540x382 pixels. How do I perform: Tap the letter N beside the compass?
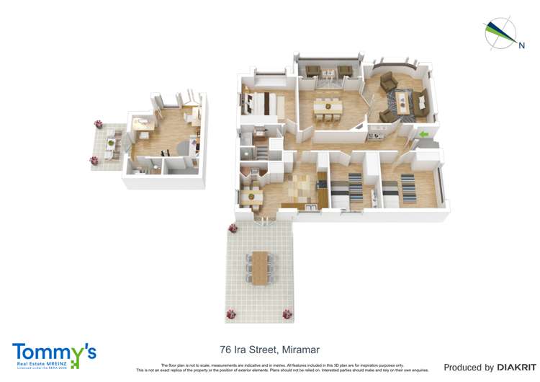pos(521,45)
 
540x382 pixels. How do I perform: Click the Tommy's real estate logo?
pos(54,355)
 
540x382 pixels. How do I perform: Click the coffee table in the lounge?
pos(402,100)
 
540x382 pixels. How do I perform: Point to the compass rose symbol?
pos(499,33)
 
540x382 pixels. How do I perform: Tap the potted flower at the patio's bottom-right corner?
pos(287,314)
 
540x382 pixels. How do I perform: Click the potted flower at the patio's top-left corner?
pos(233,228)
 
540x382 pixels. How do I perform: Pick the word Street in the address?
pos(264,350)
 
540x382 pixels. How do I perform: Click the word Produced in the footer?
pos(464,368)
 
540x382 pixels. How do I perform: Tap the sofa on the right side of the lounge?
pos(421,102)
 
